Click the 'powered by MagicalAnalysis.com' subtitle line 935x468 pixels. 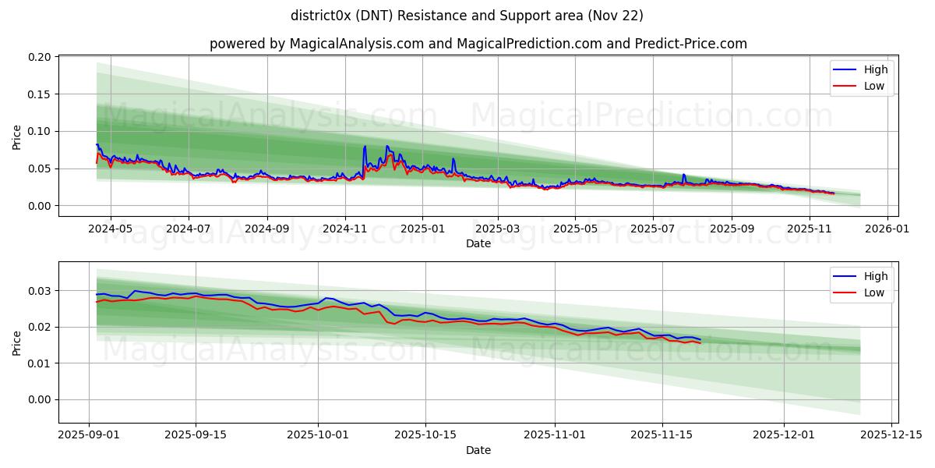(x=478, y=44)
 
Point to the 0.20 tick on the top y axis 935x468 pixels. (x=40, y=58)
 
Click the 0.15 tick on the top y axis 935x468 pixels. (x=40, y=94)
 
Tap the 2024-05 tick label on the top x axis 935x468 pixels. (x=110, y=229)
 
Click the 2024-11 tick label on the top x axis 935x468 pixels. (x=344, y=229)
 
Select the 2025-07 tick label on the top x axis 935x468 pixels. (x=652, y=229)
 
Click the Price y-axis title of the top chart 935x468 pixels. (x=17, y=136)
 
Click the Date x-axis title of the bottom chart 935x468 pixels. (x=478, y=450)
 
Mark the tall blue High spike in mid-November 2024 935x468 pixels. (x=365, y=147)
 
